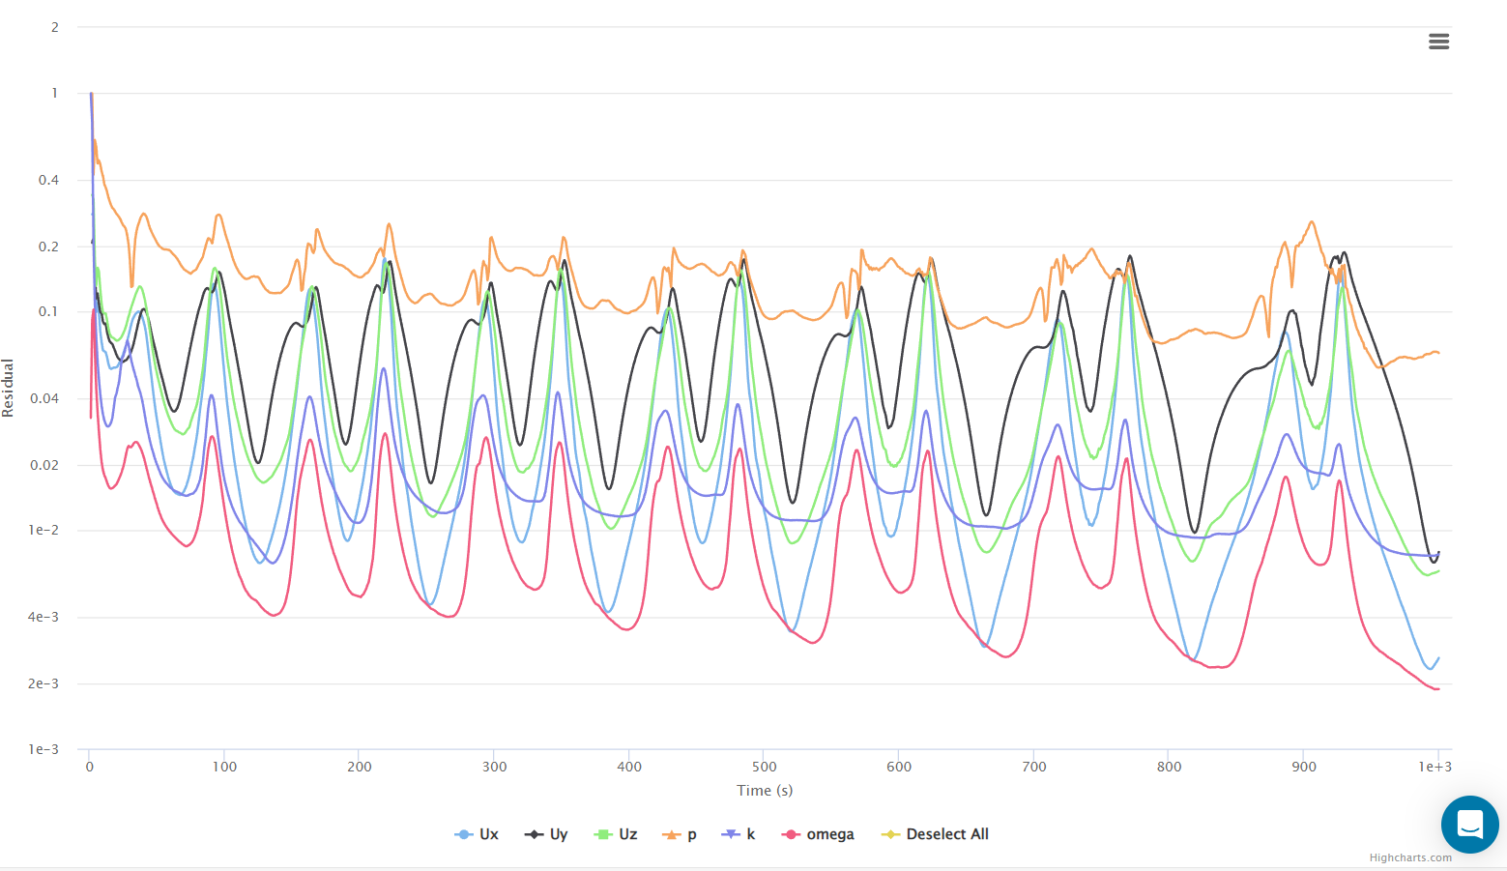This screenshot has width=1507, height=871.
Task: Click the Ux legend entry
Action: tap(478, 834)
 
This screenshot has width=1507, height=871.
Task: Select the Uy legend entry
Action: tap(547, 834)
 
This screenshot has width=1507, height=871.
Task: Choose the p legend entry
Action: tap(681, 834)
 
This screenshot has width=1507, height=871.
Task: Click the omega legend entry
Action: tap(819, 834)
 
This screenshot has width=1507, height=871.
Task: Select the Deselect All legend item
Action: tap(936, 834)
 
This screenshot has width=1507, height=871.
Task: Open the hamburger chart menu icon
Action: tap(1438, 42)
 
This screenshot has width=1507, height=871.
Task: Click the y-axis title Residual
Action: tap(9, 388)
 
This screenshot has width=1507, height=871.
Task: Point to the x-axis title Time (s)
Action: tap(765, 791)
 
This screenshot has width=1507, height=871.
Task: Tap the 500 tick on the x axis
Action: tap(764, 767)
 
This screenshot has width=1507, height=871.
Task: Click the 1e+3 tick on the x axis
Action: tap(1435, 767)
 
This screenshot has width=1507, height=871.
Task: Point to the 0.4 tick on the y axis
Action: tap(48, 180)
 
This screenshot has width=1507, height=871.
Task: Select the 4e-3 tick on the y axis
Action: tap(43, 617)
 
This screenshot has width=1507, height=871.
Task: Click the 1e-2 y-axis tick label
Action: tap(43, 530)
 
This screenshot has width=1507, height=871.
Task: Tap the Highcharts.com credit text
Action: tap(1409, 857)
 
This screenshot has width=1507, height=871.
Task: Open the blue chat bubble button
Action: tap(1469, 825)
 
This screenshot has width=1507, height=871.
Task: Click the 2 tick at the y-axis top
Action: tap(55, 27)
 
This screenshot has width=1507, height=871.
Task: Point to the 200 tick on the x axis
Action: tap(359, 767)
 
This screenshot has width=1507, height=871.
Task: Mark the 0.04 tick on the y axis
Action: tap(45, 398)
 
